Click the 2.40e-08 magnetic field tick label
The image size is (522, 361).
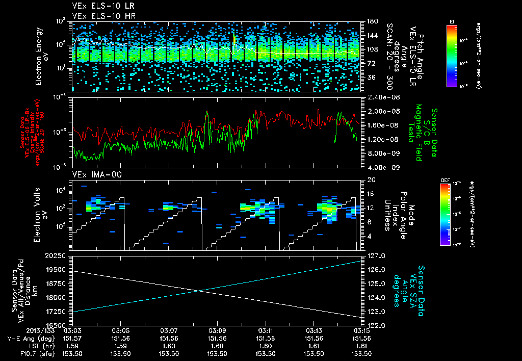point(382,97)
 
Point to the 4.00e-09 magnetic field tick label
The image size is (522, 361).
point(382,167)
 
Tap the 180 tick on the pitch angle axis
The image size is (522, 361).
point(371,21)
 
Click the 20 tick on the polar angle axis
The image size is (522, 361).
point(371,180)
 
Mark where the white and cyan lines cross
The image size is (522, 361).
point(199,291)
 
